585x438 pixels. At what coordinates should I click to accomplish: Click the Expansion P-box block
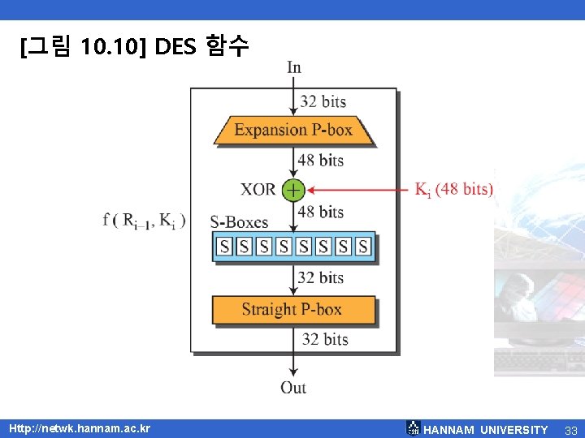click(293, 130)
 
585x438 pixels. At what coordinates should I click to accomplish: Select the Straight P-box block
click(293, 309)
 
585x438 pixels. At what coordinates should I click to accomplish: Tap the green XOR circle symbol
click(292, 190)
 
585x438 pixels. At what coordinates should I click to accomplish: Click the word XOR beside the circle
click(258, 190)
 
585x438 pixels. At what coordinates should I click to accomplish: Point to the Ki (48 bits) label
click(453, 190)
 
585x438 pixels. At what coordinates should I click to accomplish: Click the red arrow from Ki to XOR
click(357, 190)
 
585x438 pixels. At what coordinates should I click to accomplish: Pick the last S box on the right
click(363, 246)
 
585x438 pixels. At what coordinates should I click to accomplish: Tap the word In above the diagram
click(293, 67)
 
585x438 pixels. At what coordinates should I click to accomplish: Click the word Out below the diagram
click(293, 388)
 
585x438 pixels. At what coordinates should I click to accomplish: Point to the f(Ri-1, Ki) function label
click(145, 220)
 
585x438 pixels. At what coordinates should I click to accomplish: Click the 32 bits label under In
click(323, 101)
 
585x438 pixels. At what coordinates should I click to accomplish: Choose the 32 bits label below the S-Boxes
click(320, 277)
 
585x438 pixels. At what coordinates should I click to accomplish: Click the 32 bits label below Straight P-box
click(324, 339)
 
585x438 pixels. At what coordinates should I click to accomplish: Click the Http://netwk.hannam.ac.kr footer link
click(80, 428)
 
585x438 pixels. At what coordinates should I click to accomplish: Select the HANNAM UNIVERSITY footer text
click(486, 430)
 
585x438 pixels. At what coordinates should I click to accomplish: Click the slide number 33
click(570, 430)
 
